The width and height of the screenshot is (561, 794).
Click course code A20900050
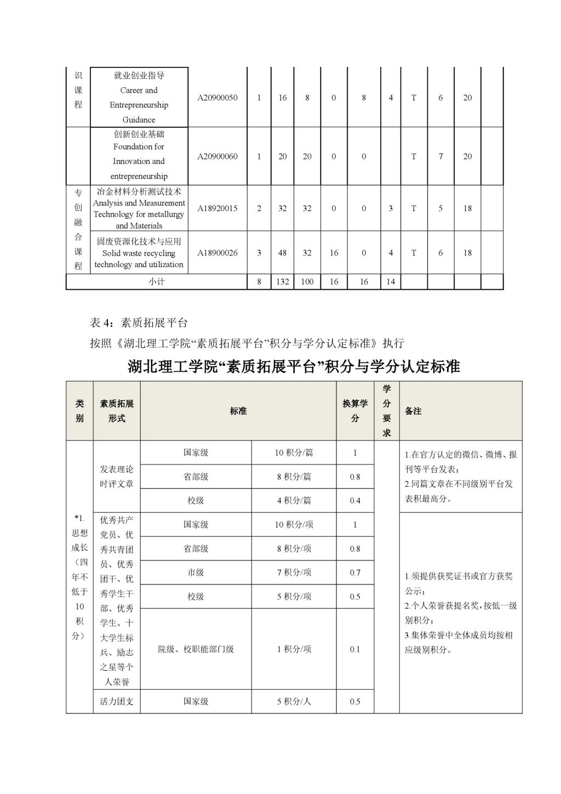click(217, 98)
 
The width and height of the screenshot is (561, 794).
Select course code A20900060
click(217, 156)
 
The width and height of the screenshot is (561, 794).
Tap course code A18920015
click(217, 208)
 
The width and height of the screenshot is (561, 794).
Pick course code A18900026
click(217, 253)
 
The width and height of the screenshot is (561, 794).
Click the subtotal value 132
click(282, 282)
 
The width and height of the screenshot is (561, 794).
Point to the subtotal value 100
click(307, 282)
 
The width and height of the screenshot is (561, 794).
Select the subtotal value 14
click(391, 282)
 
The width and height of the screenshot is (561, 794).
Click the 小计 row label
click(156, 282)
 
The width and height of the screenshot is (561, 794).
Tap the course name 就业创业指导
click(139, 76)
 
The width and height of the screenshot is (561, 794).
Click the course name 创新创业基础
click(139, 134)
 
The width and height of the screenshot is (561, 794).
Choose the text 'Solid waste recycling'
click(139, 253)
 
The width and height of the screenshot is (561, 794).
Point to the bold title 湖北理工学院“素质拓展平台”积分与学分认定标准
click(294, 366)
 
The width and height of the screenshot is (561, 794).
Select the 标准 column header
click(238, 411)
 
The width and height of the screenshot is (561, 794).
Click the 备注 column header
click(413, 411)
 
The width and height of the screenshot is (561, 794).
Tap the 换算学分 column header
click(355, 411)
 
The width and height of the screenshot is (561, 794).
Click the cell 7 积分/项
click(294, 572)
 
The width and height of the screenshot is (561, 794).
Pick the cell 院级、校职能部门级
click(196, 649)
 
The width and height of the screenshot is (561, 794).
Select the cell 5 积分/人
click(294, 701)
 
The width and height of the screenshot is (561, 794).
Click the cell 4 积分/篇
click(294, 501)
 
